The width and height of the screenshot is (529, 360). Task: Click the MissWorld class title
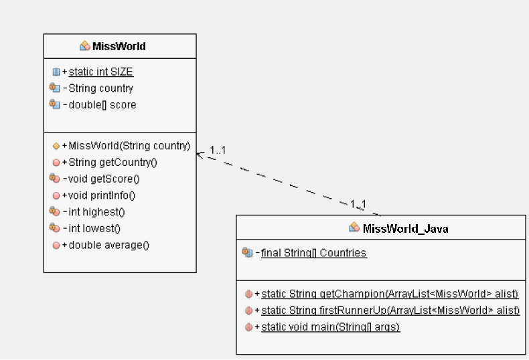point(119,46)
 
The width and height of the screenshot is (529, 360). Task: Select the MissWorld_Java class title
point(405,228)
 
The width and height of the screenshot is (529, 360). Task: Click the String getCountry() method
point(112,163)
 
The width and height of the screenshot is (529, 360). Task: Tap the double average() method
point(108,245)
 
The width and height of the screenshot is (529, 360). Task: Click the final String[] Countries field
point(314,253)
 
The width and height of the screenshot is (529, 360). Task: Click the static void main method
point(330,327)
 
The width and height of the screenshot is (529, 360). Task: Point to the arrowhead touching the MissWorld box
point(200,154)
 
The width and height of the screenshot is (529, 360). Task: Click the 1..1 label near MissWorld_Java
point(358,203)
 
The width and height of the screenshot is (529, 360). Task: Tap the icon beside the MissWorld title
point(85,46)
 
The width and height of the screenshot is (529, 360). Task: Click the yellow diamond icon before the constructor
point(56,146)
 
